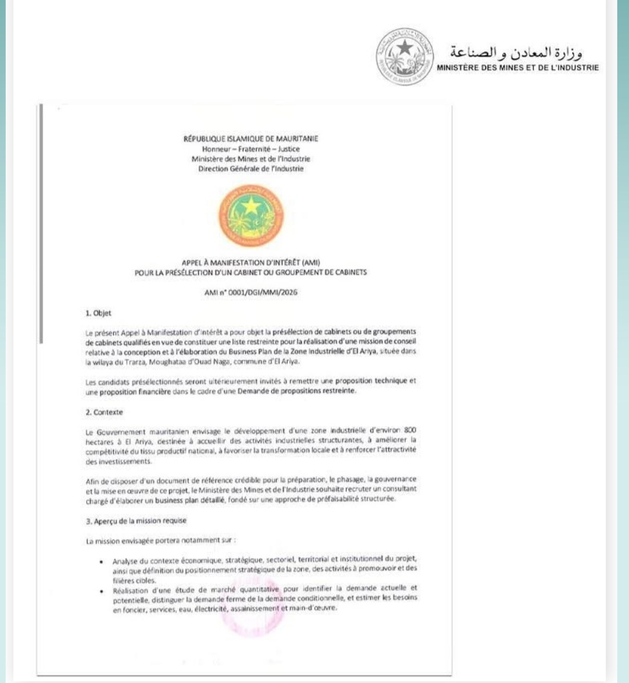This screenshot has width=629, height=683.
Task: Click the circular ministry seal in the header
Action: coord(405,56)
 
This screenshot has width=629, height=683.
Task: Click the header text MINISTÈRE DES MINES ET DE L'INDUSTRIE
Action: coord(517,67)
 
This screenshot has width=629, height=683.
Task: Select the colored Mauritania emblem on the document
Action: coord(251,215)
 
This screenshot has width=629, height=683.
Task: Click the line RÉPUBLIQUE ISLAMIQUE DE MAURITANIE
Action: coord(250,139)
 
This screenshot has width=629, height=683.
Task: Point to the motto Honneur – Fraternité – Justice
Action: coord(250,149)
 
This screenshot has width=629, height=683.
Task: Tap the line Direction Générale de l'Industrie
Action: coord(250,169)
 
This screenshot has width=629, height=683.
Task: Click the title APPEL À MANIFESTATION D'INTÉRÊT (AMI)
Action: coord(250,262)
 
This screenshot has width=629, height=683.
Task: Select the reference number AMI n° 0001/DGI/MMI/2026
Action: coord(250,293)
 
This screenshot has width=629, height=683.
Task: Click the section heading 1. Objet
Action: coord(98,313)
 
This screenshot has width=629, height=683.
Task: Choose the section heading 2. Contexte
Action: coord(104,412)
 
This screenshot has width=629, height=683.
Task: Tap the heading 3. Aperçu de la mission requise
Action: coord(136,521)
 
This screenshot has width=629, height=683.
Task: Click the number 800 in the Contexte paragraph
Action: coord(410,431)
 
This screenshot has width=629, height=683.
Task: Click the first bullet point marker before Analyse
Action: coord(101,562)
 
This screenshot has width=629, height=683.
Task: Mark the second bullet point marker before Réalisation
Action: coord(101,590)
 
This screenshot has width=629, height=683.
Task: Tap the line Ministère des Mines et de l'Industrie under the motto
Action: coord(250,159)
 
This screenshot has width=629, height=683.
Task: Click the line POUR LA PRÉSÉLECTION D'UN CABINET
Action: coord(250,272)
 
